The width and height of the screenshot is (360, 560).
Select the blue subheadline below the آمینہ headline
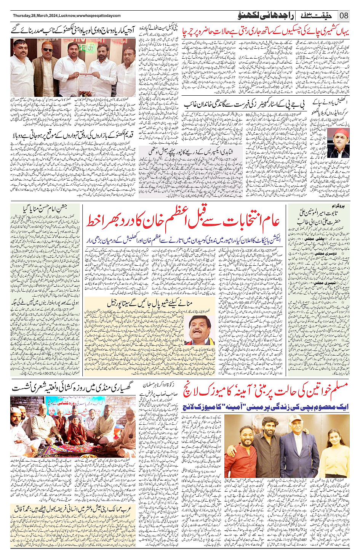pos(266,407)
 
